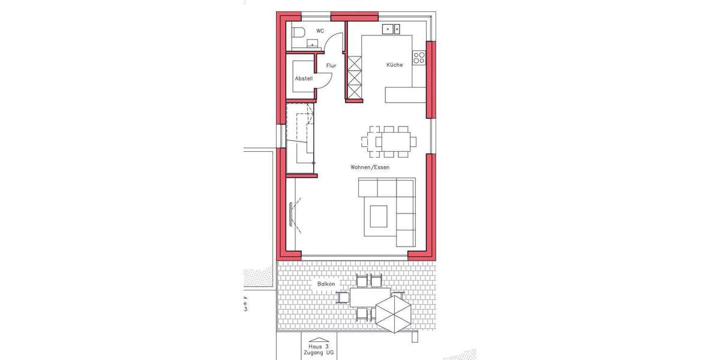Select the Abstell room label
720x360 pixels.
pyautogui.click(x=304, y=79)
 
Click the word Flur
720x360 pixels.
pyautogui.click(x=331, y=65)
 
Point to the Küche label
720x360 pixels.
pyautogui.click(x=394, y=65)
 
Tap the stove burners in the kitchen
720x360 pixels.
pyautogui.click(x=419, y=58)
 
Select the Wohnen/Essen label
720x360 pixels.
pyautogui.click(x=370, y=167)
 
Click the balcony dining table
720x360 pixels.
pyautogui.click(x=363, y=297)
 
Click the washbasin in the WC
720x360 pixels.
pyautogui.click(x=313, y=43)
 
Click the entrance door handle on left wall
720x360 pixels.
pyautogui.click(x=292, y=213)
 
